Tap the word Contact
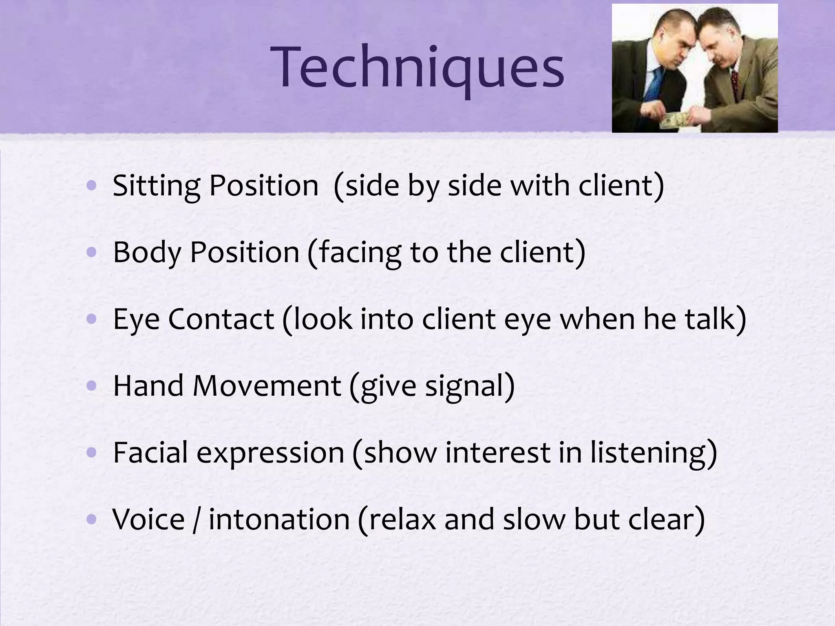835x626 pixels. pyautogui.click(x=221, y=319)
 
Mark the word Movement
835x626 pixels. pyautogui.click(x=267, y=386)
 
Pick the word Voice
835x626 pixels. pyautogui.click(x=148, y=519)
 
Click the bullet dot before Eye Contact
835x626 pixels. pyautogui.click(x=92, y=319)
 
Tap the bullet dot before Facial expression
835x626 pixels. pyautogui.click(x=92, y=452)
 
